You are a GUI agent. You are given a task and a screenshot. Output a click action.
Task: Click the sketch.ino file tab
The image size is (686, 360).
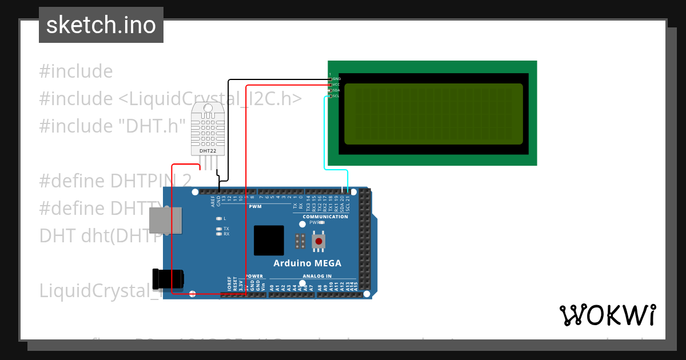pos(101,25)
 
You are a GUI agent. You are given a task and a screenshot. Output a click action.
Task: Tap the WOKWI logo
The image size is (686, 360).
pos(607,315)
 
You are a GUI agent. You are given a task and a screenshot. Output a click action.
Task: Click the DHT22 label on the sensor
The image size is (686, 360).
pos(208,151)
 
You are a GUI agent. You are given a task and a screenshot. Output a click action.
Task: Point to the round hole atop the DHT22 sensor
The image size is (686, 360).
pos(208,108)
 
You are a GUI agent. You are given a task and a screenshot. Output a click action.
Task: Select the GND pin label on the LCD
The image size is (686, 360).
pos(336,78)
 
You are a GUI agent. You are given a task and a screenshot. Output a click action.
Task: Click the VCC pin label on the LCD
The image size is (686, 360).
pos(336,85)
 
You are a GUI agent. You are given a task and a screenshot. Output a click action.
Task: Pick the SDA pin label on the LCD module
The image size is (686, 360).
pos(336,90)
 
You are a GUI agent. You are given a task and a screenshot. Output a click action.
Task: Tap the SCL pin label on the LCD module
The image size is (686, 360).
pos(336,96)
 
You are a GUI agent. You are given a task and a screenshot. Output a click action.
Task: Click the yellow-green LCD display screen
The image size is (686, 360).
pos(433,114)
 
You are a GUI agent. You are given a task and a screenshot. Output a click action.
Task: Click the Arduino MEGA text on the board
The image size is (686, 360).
pos(307,263)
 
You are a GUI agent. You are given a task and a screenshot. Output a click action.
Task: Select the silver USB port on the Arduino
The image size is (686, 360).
pos(166,221)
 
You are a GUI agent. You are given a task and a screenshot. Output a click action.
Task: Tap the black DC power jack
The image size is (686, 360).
pos(168,278)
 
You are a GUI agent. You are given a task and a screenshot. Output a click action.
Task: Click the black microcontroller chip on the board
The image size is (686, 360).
pos(269,240)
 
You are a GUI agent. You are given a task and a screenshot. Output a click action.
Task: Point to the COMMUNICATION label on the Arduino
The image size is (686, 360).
pos(325,217)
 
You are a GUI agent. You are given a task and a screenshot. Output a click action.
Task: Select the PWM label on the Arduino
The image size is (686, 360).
pos(255,206)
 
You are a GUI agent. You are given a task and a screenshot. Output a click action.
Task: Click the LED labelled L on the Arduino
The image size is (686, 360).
pos(218,218)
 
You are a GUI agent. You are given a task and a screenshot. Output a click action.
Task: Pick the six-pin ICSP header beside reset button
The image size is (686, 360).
pos(299,241)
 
